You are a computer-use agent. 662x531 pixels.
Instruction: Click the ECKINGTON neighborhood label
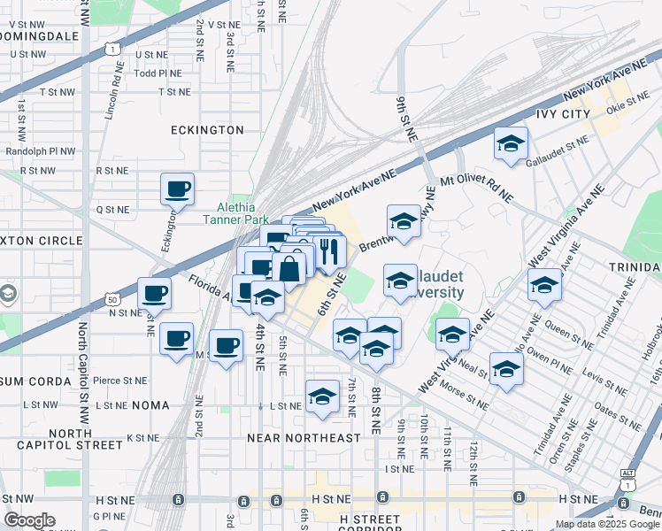(x=207, y=129)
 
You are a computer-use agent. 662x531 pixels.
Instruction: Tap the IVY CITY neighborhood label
(x=563, y=114)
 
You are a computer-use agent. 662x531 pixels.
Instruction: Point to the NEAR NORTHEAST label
(x=304, y=438)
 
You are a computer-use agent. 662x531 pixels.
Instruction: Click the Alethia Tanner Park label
(x=236, y=212)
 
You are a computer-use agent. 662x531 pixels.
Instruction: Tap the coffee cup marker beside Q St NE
(x=177, y=189)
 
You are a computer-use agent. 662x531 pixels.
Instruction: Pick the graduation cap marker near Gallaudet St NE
(x=511, y=144)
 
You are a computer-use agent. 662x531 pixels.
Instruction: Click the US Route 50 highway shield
(x=112, y=300)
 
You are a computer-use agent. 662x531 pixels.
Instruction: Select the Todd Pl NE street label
(x=158, y=73)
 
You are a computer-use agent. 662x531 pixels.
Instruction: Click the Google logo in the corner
(x=29, y=520)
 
